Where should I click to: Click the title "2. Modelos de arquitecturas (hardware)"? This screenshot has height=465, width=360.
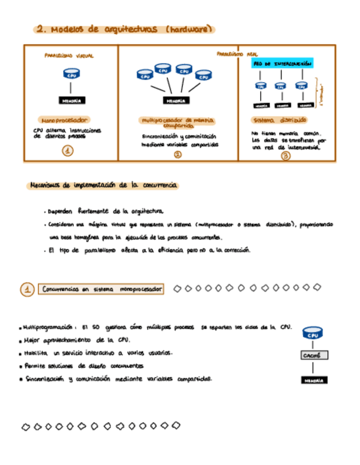(x=123, y=30)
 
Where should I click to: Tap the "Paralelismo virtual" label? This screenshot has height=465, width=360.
(x=69, y=56)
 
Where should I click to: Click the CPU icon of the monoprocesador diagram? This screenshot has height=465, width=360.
(x=71, y=74)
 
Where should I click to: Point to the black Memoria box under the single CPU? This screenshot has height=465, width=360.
(x=71, y=100)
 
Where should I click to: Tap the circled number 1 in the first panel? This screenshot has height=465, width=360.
(x=67, y=151)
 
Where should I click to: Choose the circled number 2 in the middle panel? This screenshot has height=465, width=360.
(x=177, y=155)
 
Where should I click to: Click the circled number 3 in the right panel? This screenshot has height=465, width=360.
(x=285, y=156)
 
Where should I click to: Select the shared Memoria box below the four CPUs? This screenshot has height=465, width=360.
(x=176, y=100)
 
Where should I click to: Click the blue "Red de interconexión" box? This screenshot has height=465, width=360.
(x=283, y=64)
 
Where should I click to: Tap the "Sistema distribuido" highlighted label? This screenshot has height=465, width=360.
(x=279, y=120)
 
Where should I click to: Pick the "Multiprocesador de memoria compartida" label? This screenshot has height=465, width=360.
(x=178, y=122)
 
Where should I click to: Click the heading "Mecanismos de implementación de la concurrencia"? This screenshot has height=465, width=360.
(x=103, y=186)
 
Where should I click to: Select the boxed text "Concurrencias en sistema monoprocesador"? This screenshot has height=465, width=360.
(x=102, y=289)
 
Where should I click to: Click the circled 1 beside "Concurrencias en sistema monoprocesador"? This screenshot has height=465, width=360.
(x=27, y=290)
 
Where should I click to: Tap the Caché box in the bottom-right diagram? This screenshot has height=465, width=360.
(x=314, y=355)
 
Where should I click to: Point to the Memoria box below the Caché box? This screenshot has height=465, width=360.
(x=314, y=379)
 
